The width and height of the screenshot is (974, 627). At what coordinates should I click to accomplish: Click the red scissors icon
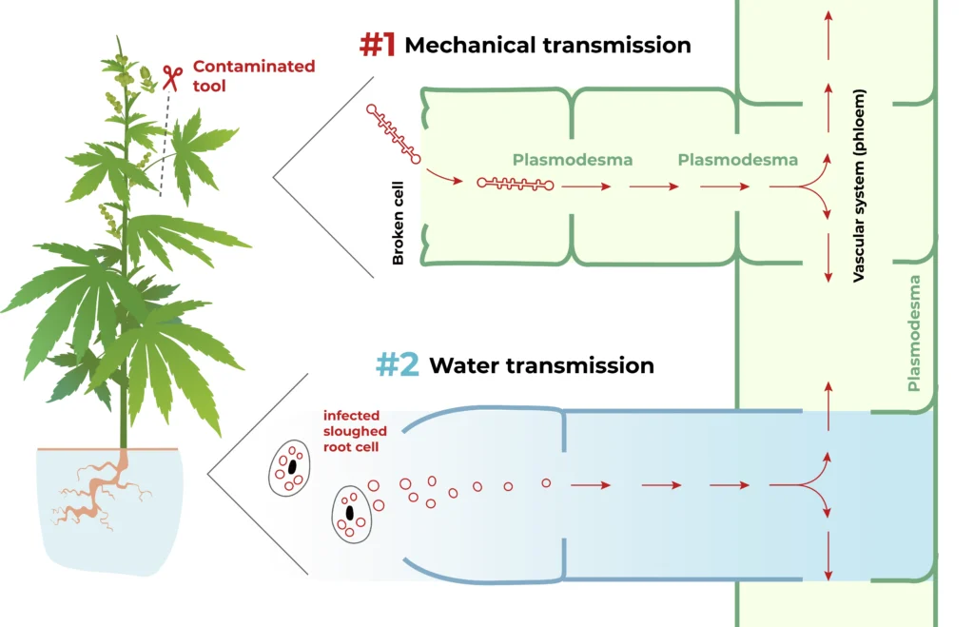click(172, 77)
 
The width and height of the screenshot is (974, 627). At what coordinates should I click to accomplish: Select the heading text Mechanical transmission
click(547, 45)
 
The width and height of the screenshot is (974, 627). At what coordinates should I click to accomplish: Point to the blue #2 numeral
click(399, 364)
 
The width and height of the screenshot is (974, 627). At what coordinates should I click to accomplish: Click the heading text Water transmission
click(541, 365)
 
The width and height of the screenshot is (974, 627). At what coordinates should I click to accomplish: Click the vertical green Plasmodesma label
click(915, 333)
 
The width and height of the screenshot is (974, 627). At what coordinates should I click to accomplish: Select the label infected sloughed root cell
click(355, 431)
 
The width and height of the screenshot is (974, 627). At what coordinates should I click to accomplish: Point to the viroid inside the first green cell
click(515, 183)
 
